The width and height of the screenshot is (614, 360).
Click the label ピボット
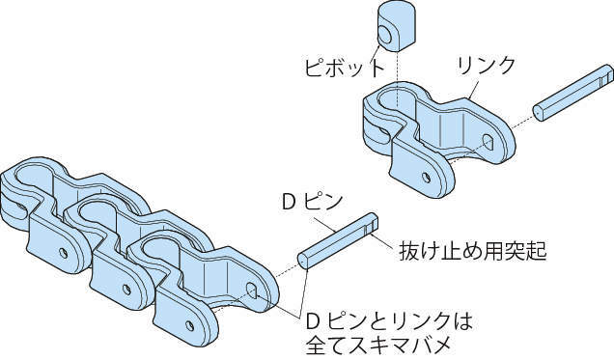[x=345, y=68]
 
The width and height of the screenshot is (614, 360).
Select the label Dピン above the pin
[x=312, y=202]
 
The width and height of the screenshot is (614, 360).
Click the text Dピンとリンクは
[x=389, y=321]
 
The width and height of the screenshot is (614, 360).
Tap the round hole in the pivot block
[x=385, y=35]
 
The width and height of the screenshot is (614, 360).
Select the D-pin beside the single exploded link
[x=573, y=93]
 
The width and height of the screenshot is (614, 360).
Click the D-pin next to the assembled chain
[x=338, y=240]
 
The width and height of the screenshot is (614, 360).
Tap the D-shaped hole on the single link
[x=488, y=142]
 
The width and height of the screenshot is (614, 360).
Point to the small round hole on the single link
[x=426, y=178]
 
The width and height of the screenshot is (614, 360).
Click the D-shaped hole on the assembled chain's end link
[x=251, y=290]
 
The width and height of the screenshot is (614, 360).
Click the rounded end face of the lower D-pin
[x=303, y=261]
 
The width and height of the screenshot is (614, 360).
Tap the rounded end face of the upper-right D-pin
[x=540, y=113]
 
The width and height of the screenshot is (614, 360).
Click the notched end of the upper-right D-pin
[x=607, y=75]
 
